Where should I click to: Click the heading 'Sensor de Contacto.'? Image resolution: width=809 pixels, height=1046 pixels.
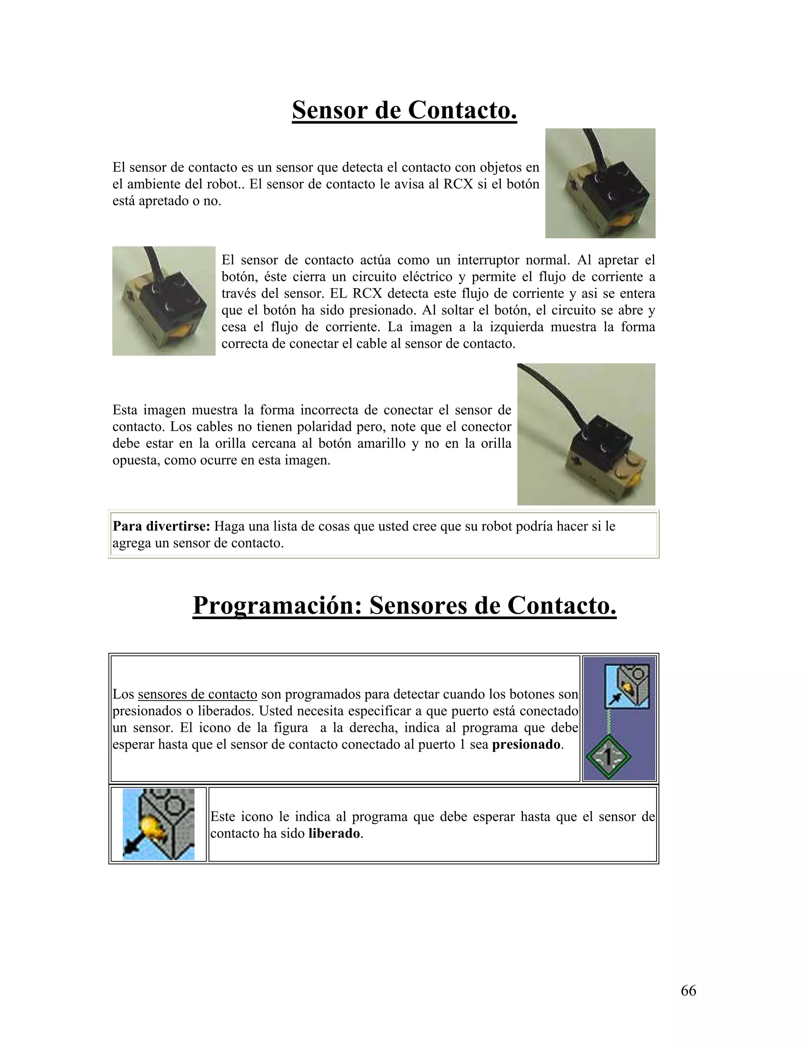click(404, 110)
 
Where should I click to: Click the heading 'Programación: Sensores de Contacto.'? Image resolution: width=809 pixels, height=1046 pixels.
click(404, 605)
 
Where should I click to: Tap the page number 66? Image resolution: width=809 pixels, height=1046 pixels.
click(688, 990)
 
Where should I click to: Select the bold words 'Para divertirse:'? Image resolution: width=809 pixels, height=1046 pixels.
click(161, 526)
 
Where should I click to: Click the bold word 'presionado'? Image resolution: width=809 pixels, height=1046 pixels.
click(526, 745)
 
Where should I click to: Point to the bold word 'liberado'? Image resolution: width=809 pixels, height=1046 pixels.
click(334, 834)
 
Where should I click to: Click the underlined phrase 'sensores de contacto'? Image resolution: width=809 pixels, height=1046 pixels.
click(198, 694)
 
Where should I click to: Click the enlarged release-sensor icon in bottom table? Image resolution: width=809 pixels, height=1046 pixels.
click(159, 824)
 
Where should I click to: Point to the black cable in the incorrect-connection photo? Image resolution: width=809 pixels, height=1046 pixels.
click(551, 393)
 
